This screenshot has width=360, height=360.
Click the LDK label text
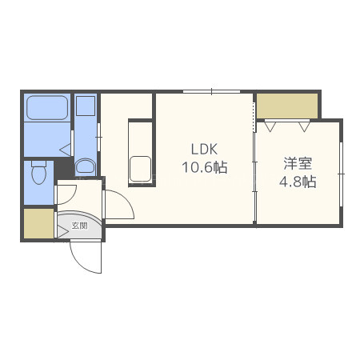point(204,149)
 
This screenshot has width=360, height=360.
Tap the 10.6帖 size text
point(205,167)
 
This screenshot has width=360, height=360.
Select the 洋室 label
point(298,163)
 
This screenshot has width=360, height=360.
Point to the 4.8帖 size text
point(298,182)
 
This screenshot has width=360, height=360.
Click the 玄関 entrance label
point(79,226)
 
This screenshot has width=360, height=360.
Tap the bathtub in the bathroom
point(47,108)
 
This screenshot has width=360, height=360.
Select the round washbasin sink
point(86,166)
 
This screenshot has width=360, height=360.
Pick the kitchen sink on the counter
point(140,169)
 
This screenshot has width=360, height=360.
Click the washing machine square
point(86,106)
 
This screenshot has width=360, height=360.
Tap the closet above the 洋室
point(287,106)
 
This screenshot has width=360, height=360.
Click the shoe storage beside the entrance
point(39,223)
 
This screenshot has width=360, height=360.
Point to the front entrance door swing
point(86,257)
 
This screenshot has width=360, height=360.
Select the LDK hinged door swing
point(119,205)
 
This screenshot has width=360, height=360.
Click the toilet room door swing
point(66,194)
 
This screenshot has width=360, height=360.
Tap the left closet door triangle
point(270,126)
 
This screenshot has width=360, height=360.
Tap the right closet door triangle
point(304,126)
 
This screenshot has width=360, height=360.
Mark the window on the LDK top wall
point(211,92)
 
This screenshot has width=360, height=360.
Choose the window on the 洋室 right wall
point(341,174)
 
